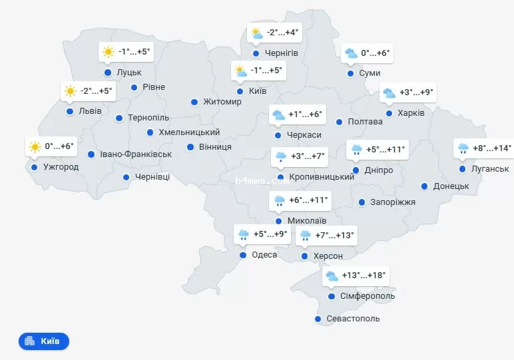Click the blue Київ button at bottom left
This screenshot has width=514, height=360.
[x=44, y=341]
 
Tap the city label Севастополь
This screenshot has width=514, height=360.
[x=353, y=319]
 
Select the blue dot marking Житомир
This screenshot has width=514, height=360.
[x=194, y=102]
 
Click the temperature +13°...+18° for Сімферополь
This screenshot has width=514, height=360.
[x=364, y=275]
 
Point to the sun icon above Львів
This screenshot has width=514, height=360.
[x=70, y=91]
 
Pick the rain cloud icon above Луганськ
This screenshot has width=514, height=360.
[x=462, y=148]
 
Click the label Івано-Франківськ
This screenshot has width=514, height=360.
[x=136, y=154]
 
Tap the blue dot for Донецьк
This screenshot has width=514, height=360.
[x=423, y=186]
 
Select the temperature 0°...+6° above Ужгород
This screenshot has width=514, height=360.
[x=59, y=146]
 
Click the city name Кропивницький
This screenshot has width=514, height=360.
[x=322, y=177]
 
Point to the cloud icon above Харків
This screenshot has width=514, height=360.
[x=388, y=93]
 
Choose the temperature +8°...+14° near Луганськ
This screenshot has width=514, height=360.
[x=492, y=148]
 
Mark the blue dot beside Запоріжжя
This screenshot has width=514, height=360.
[x=362, y=202]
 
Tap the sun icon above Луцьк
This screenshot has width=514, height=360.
[x=108, y=51]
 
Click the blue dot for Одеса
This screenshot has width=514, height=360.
[x=243, y=255]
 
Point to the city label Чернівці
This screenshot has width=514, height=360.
[x=152, y=177]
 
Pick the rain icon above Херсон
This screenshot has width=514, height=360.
[x=306, y=235]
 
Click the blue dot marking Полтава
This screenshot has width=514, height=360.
[x=339, y=122]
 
